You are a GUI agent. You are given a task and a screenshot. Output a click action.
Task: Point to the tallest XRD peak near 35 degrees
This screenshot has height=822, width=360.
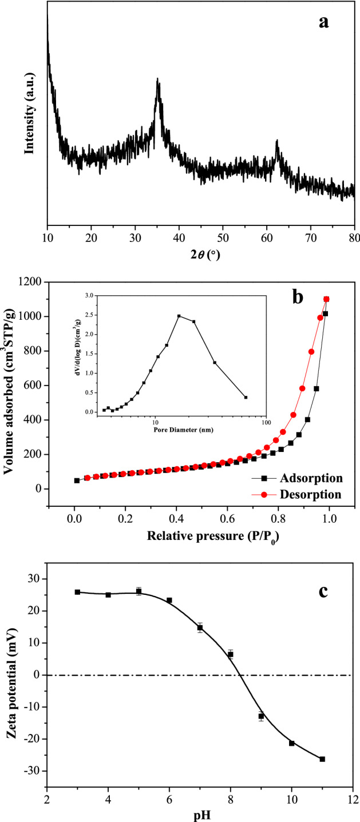click(x=157, y=80)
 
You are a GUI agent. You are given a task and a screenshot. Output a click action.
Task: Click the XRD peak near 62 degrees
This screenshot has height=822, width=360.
click(x=277, y=140)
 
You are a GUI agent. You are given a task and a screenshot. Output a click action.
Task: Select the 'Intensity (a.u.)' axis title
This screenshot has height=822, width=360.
click(x=29, y=113)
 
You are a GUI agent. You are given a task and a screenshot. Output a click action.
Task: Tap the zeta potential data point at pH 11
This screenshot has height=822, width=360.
click(x=322, y=759)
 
